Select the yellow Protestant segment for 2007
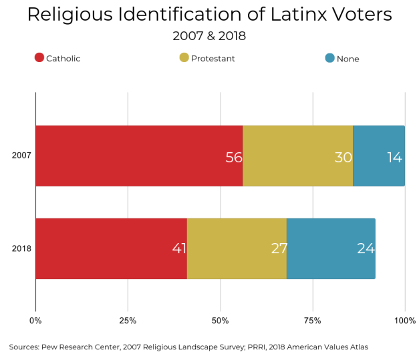pyautogui.click(x=297, y=156)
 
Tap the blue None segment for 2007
pyautogui.click(x=378, y=156)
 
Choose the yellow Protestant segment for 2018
pyautogui.click(x=237, y=248)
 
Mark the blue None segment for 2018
pyautogui.click(x=331, y=248)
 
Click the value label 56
pyautogui.click(x=233, y=158)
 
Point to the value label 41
pyautogui.click(x=179, y=248)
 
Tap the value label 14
pyautogui.click(x=395, y=158)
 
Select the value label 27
pyautogui.click(x=279, y=248)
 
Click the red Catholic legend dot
pyautogui.click(x=39, y=58)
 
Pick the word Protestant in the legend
pyautogui.click(x=213, y=59)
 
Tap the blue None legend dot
pyautogui.click(x=329, y=58)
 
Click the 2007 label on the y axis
pyautogui.click(x=21, y=156)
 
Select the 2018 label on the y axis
pyautogui.click(x=21, y=248)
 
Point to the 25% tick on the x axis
pyautogui.click(x=128, y=321)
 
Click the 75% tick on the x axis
pyautogui.click(x=313, y=321)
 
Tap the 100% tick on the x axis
pyautogui.click(x=404, y=321)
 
